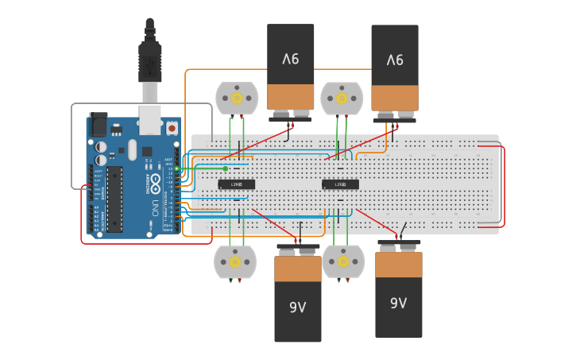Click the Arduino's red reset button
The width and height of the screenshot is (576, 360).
pyautogui.click(x=172, y=127)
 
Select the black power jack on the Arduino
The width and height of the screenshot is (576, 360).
pyautogui.click(x=98, y=124)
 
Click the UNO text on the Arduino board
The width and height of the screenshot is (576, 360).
pyautogui.click(x=153, y=208)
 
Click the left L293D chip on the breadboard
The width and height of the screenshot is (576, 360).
pyautogui.click(x=237, y=184)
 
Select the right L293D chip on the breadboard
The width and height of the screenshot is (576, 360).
pyautogui.click(x=340, y=184)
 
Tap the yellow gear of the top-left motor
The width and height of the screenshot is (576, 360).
pyautogui.click(x=236, y=99)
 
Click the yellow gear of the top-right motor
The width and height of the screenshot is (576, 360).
pyautogui.click(x=342, y=99)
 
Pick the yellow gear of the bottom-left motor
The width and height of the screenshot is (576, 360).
pyautogui.click(x=235, y=261)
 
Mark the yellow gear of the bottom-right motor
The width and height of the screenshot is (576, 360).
pyautogui.click(x=343, y=261)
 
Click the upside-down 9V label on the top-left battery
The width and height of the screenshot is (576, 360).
pyautogui.click(x=291, y=59)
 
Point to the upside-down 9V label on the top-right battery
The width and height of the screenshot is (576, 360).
pyautogui.click(x=395, y=60)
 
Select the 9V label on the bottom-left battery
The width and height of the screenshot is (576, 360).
pyautogui.click(x=298, y=307)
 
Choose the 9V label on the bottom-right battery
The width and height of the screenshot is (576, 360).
pyautogui.click(x=399, y=303)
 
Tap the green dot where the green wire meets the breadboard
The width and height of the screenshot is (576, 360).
pyautogui.click(x=226, y=168)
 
